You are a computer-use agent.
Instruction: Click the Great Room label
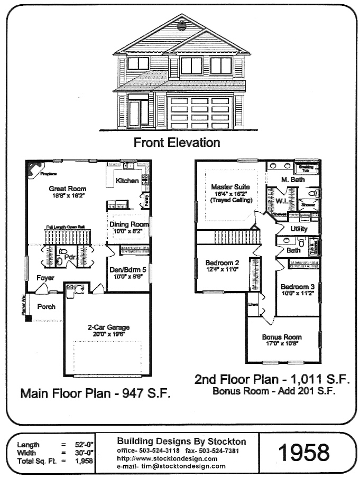click(x=67, y=189)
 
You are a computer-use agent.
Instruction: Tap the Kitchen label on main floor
click(x=127, y=181)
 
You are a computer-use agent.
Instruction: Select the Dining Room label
click(x=130, y=224)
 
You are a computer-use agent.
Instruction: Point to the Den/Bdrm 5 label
click(x=127, y=269)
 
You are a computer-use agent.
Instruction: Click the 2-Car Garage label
click(x=108, y=327)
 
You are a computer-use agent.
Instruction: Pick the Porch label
click(x=46, y=307)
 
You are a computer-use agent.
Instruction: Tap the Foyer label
click(x=44, y=278)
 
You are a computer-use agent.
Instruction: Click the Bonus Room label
click(x=282, y=337)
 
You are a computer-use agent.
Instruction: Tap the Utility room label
click(x=299, y=229)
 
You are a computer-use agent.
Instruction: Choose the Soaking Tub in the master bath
click(x=306, y=168)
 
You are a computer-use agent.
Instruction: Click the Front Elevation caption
click(x=177, y=142)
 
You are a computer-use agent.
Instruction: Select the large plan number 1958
click(x=303, y=452)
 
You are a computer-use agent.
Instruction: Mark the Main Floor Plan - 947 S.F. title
click(x=95, y=393)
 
